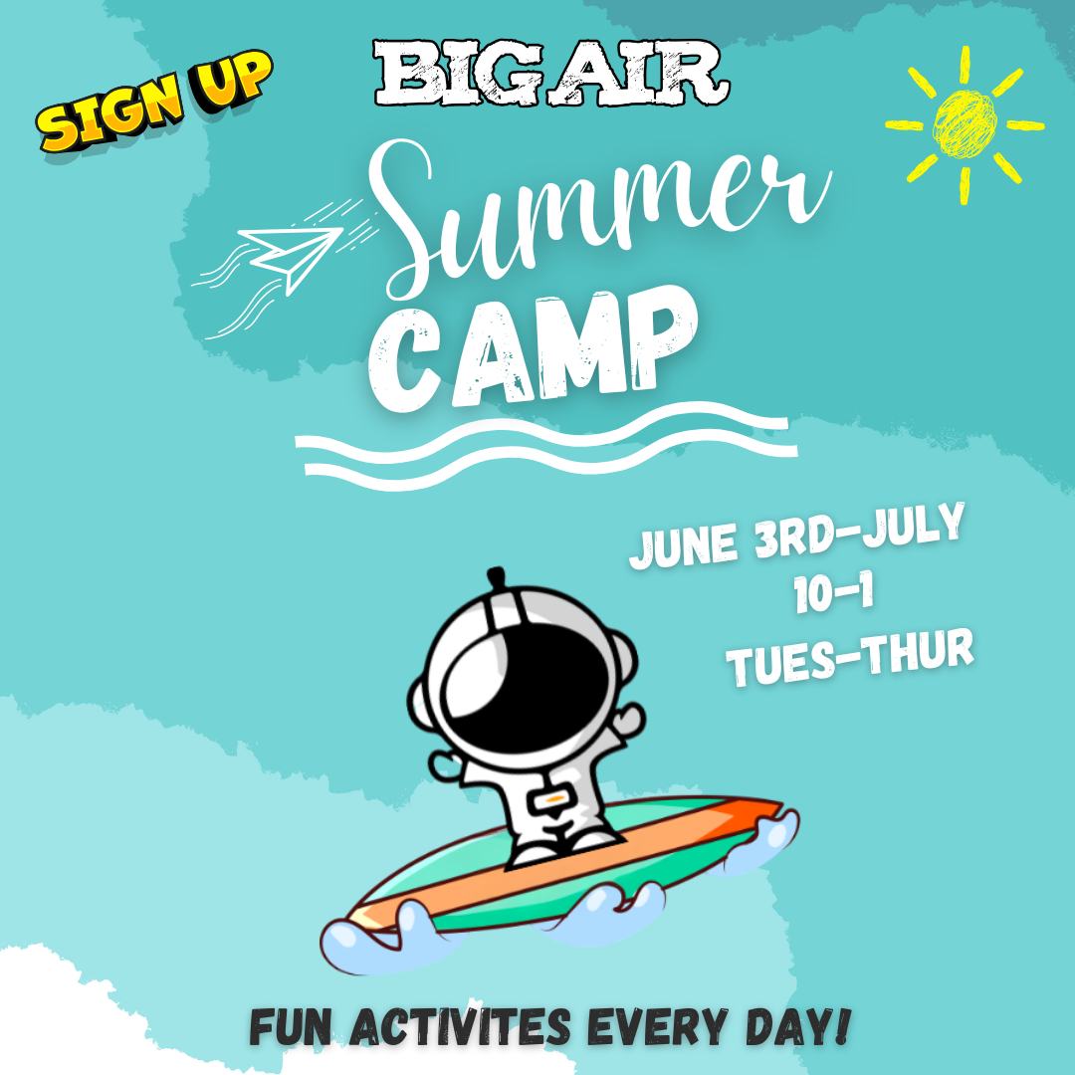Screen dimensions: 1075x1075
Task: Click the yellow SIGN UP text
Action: (154, 101)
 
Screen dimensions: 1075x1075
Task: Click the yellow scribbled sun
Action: (965, 124)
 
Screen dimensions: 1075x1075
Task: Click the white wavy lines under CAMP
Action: (545, 446)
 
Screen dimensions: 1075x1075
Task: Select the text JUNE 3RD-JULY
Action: (796, 536)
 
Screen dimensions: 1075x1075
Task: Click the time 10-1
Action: (834, 593)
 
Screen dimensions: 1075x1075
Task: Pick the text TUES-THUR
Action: (850, 656)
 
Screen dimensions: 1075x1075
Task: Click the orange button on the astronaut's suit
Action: (553, 798)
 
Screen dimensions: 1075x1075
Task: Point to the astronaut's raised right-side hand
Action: (627, 720)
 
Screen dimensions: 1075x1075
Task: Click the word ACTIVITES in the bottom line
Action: (460, 1026)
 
